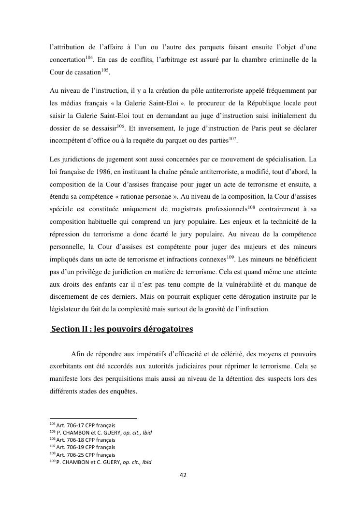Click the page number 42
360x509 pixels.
pos(183,475)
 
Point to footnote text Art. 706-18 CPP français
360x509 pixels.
pos(86,440)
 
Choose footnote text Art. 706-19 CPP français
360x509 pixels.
pos(86,447)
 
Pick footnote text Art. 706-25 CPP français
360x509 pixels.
pos(86,454)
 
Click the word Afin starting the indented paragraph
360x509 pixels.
pos(78,354)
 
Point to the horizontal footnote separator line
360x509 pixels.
pos(93,418)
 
